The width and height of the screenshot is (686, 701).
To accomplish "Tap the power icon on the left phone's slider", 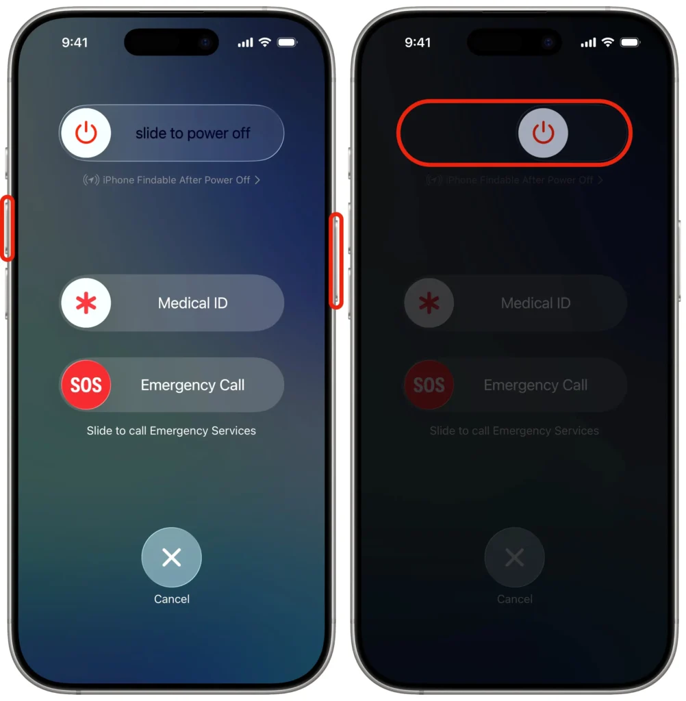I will coord(86,133).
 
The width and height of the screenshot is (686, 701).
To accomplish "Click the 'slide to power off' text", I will coord(193,133).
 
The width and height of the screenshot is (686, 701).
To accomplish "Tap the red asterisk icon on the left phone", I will coord(86,303).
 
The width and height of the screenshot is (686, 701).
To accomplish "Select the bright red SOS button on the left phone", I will coord(86,385).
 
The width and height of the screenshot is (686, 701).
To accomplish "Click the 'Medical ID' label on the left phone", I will coord(192,303).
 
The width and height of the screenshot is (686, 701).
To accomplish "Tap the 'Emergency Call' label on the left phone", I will coord(192,385).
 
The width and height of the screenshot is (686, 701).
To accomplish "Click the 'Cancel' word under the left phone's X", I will coord(171,599).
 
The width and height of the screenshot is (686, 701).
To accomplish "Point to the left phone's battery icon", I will coord(287,42).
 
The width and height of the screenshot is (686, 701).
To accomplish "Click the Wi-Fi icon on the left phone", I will coord(264,42).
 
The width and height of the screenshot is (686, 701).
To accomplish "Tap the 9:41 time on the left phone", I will coord(75,42).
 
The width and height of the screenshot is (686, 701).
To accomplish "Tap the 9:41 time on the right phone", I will coord(418,42).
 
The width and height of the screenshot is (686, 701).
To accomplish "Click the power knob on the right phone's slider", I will coord(543,133).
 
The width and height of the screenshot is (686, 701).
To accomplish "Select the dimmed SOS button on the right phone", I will coord(429,385).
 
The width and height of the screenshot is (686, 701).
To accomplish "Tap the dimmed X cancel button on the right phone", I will coord(514,557).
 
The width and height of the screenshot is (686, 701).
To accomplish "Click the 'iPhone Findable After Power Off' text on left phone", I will coord(176,180).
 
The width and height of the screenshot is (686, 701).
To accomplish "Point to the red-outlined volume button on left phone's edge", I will coord(7,229).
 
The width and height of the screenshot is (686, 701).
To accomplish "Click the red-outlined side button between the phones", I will coord(336,260).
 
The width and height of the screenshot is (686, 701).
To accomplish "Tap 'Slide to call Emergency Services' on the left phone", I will coord(171,431).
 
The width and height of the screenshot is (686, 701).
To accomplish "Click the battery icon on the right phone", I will coord(630,42).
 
